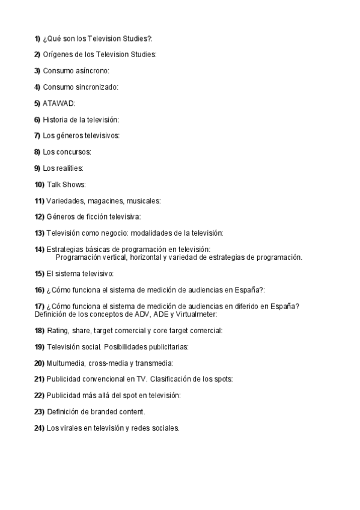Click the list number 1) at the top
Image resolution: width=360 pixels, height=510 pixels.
[38, 38]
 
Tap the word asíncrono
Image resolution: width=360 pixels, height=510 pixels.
[92, 71]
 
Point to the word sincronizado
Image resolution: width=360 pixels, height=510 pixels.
[97, 87]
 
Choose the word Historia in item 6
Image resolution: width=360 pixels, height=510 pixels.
[55, 120]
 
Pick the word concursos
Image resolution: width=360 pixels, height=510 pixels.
[73, 152]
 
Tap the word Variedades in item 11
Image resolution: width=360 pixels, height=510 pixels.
[64, 200]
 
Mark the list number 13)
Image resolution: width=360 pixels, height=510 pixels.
[40, 233]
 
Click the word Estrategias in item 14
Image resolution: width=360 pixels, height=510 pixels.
[66, 249]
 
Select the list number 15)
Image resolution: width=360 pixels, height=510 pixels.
[40, 273]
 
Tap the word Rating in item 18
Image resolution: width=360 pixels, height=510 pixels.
[58, 330]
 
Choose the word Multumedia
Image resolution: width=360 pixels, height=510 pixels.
[66, 363]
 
